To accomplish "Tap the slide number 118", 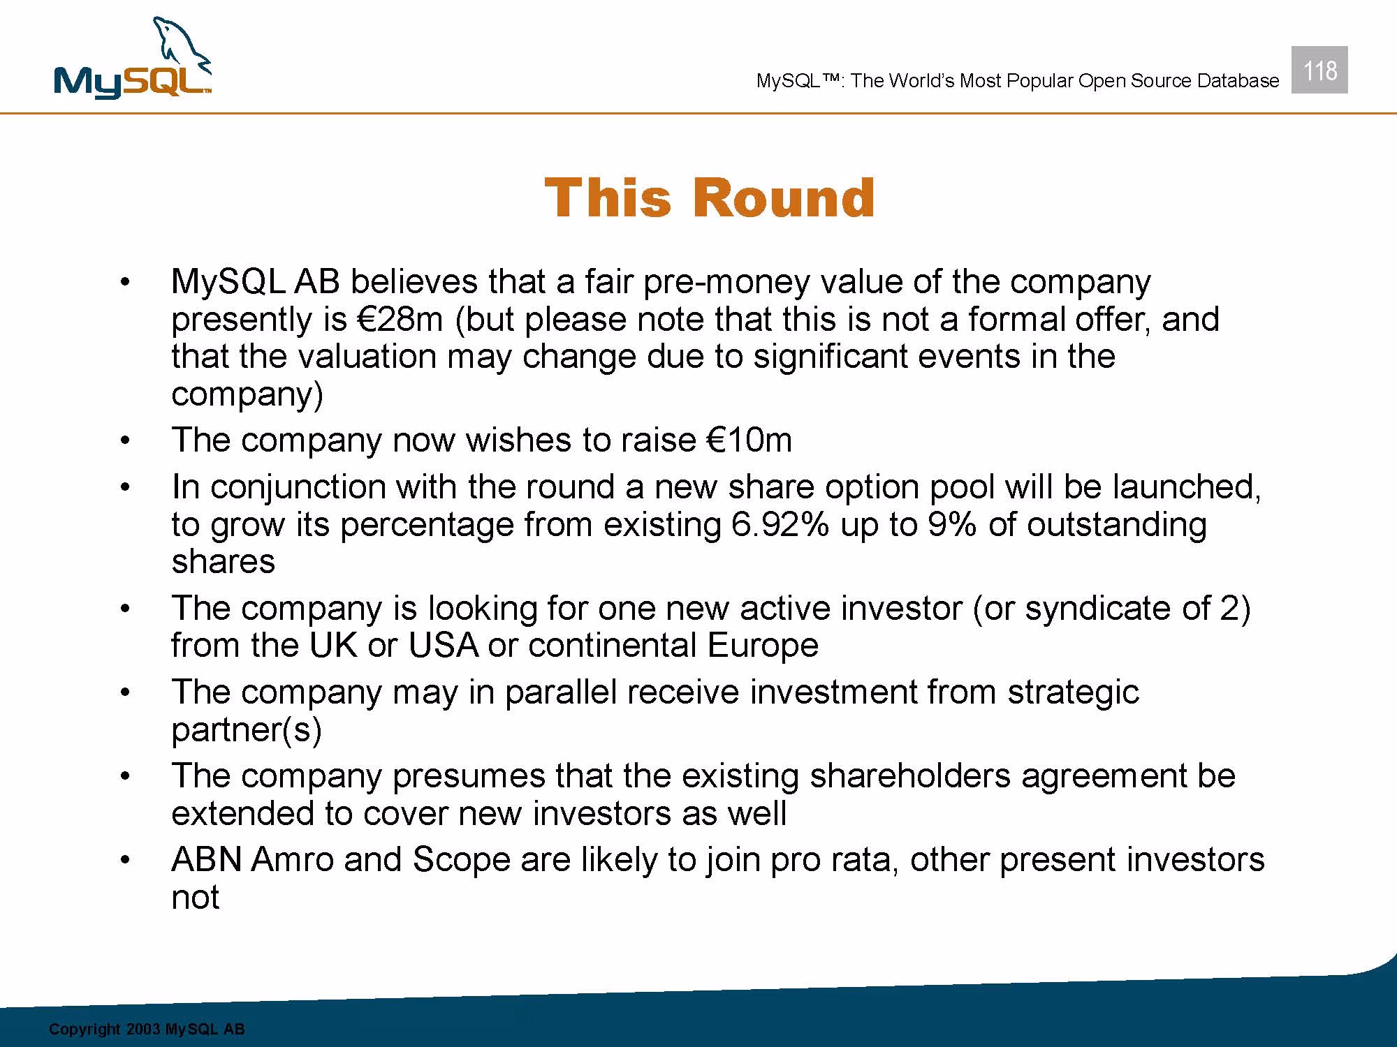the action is [x=1319, y=70].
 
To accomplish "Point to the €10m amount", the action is [x=749, y=440].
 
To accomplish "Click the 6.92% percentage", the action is [x=780, y=524].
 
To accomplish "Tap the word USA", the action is [x=444, y=645].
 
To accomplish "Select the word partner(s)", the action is [x=247, y=730].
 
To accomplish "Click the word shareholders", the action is [x=910, y=775].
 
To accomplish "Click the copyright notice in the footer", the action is [x=147, y=1030].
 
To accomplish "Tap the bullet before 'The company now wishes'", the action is [x=124, y=441].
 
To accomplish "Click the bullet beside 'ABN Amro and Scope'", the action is [x=124, y=861].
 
